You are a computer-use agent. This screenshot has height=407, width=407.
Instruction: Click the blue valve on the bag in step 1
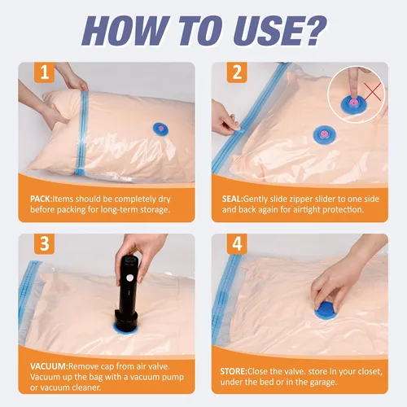(x=161, y=129)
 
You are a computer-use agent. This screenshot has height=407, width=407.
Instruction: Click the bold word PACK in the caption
(x=42, y=196)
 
